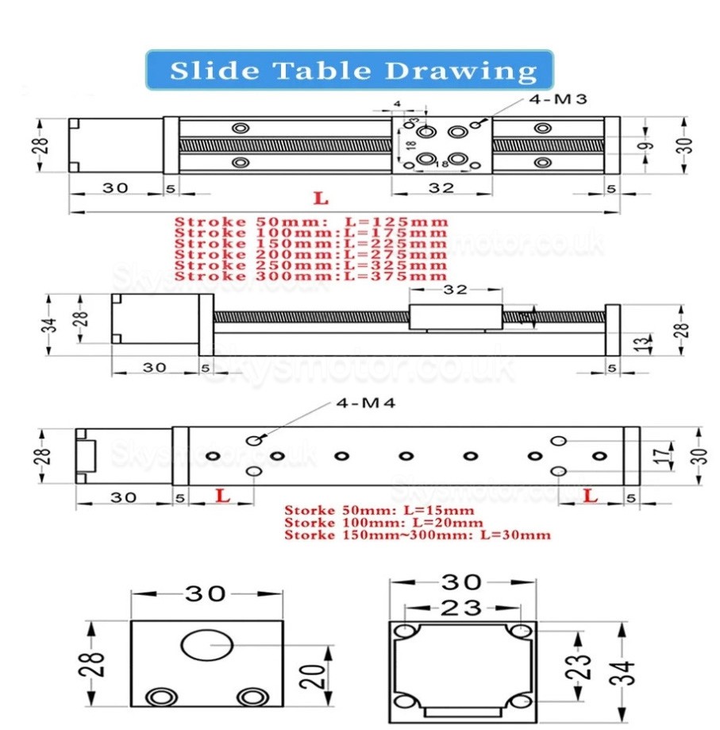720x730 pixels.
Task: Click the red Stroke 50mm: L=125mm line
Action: pyautogui.click(x=310, y=222)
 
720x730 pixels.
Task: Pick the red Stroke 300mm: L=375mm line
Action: pyautogui.click(x=310, y=276)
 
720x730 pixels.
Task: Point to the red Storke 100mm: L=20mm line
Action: pyautogui.click(x=383, y=523)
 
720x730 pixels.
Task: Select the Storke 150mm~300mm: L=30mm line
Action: pyautogui.click(x=417, y=535)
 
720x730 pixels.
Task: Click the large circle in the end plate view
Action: pyautogui.click(x=207, y=645)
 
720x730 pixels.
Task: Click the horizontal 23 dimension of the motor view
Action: pyautogui.click(x=461, y=608)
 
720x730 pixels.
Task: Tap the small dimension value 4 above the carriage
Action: pyautogui.click(x=397, y=103)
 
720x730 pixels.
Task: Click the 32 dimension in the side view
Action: pyautogui.click(x=455, y=290)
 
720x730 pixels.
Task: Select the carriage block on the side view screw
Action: pyautogui.click(x=455, y=317)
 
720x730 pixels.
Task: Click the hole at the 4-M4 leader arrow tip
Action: pyautogui.click(x=253, y=442)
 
